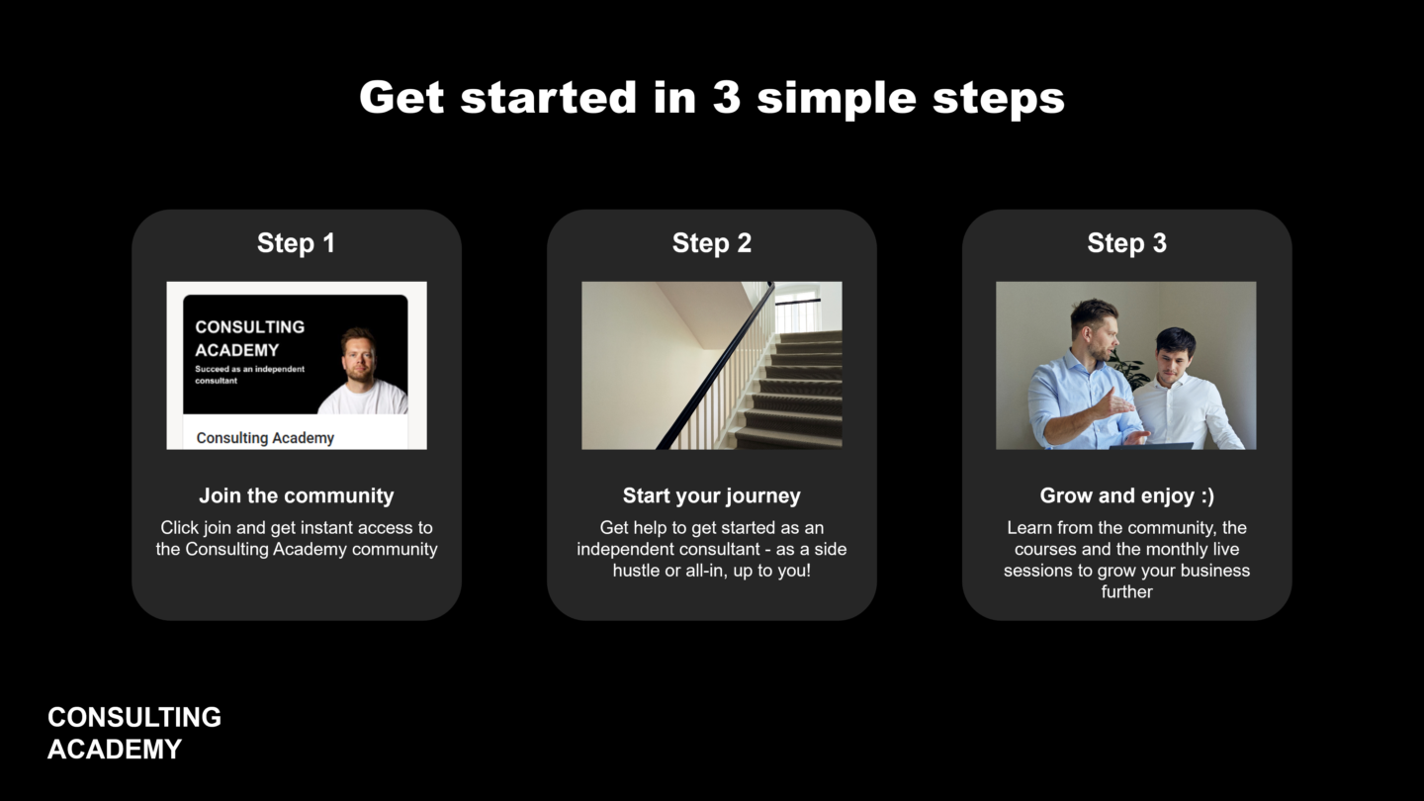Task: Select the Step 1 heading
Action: [297, 243]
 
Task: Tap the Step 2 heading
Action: [711, 243]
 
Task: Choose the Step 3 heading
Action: [1126, 243]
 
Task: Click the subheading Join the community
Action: [297, 495]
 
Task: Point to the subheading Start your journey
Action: [711, 495]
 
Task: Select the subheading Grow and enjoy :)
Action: [1126, 495]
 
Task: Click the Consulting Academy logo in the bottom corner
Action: [134, 733]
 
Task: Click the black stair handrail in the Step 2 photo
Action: [715, 366]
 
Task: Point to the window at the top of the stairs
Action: [798, 309]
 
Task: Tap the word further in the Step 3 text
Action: [1126, 591]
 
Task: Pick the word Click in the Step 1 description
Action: [179, 528]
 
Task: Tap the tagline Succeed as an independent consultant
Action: [250, 375]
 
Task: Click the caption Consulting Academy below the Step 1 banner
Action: [265, 438]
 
